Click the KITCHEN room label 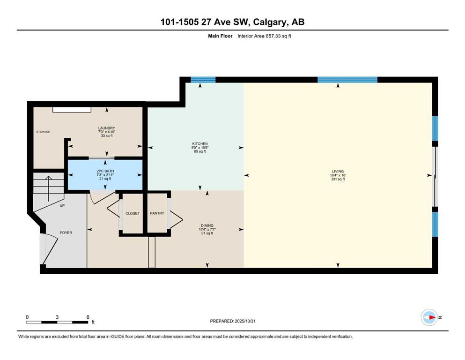199,143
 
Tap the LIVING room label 338,171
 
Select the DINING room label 207,225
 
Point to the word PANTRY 157,213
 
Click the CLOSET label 132,213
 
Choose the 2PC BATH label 105,171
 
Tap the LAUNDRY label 106,128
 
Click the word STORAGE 43,132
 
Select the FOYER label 66,232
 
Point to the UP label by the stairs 62,205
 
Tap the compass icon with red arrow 429,317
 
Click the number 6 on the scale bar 88,317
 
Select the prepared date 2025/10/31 245,321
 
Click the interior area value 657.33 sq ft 279,36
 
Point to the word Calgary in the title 270,22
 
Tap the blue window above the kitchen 203,80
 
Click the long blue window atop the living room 347,80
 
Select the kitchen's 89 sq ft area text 200,151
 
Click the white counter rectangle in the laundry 72,110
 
